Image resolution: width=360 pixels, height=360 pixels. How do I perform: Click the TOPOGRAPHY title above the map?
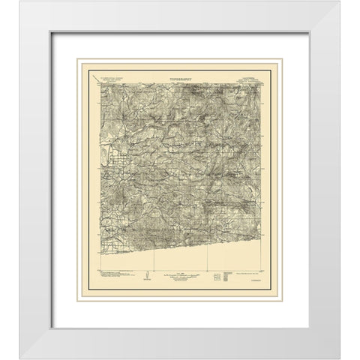tap(180, 77)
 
